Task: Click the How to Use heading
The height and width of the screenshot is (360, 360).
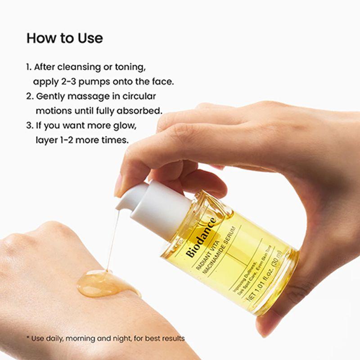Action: click(64, 38)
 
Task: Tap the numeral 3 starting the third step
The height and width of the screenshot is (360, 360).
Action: click(28, 125)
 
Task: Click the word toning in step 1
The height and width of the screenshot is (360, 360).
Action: click(131, 67)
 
